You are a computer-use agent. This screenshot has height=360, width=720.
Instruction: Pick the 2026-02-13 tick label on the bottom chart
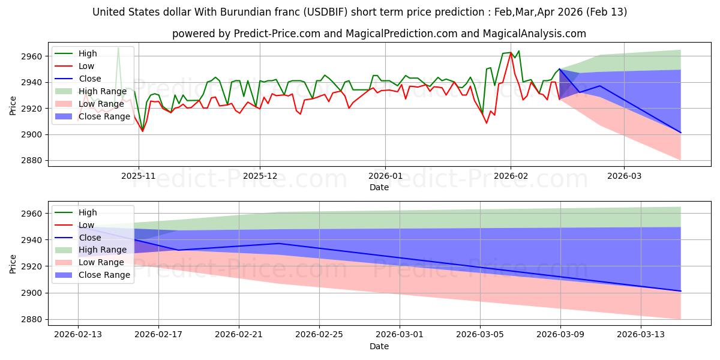(78, 334)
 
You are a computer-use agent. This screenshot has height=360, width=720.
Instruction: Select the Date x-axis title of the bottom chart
(379, 346)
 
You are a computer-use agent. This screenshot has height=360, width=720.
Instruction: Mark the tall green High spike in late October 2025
(118, 47)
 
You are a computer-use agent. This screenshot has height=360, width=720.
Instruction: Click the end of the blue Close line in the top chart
(680, 133)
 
